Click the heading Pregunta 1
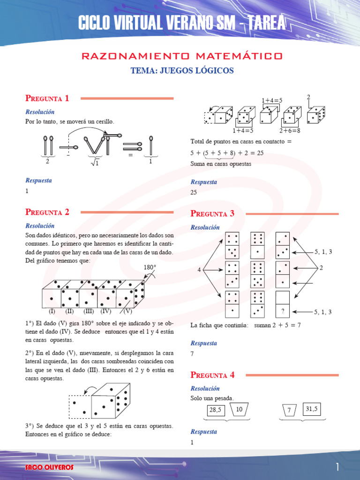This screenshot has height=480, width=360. (47, 98)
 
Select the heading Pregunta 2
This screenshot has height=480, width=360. (47, 212)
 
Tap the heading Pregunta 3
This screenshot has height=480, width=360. (212, 214)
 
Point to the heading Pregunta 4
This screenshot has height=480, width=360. (212, 375)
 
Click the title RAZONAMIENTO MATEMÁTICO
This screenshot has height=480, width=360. (182, 56)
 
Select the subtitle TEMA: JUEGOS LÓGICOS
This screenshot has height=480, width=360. (182, 71)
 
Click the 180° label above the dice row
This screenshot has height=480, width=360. (150, 268)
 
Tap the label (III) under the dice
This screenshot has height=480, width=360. (89, 311)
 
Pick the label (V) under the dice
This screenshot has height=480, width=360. (128, 311)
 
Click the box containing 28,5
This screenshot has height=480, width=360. (215, 411)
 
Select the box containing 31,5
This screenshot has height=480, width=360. (312, 409)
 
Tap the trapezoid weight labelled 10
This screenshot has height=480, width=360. (239, 410)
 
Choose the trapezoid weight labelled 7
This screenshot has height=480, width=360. (290, 410)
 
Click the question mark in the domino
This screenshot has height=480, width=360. (283, 311)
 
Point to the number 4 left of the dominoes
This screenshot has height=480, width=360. (199, 270)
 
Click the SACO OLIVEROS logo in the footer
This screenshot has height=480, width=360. (43, 468)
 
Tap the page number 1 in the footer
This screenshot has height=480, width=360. (337, 467)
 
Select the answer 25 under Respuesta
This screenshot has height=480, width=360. (195, 192)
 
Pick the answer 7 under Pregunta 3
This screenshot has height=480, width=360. (192, 354)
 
